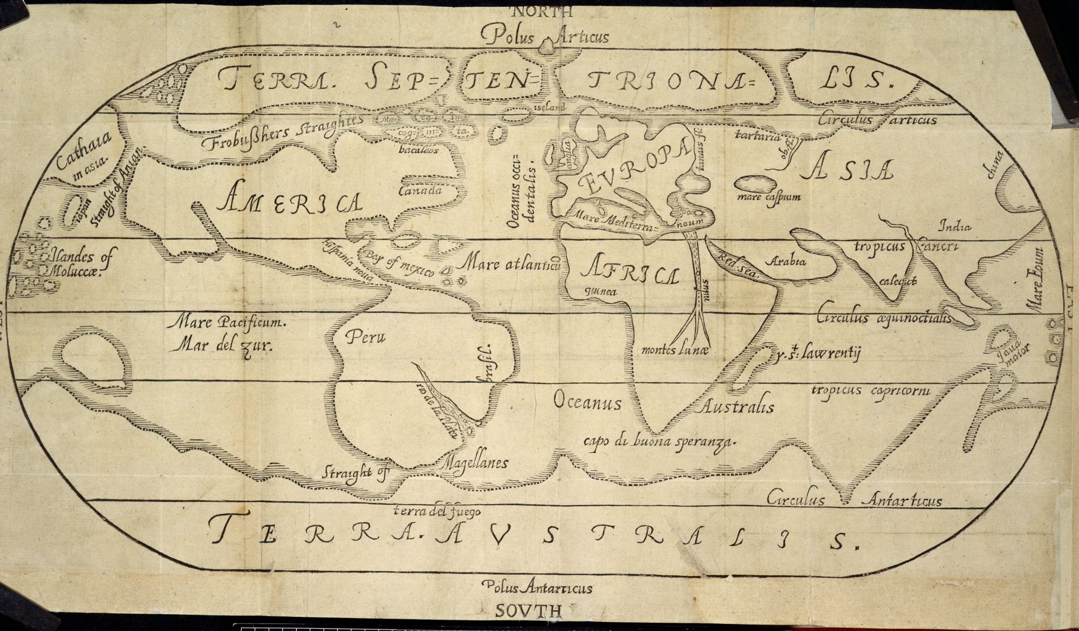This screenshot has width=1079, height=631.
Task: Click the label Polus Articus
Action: (x=545, y=37)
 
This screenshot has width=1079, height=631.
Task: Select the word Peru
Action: (x=366, y=338)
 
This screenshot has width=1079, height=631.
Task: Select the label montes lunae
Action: (x=674, y=350)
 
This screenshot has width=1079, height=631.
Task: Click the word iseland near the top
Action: (x=550, y=107)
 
